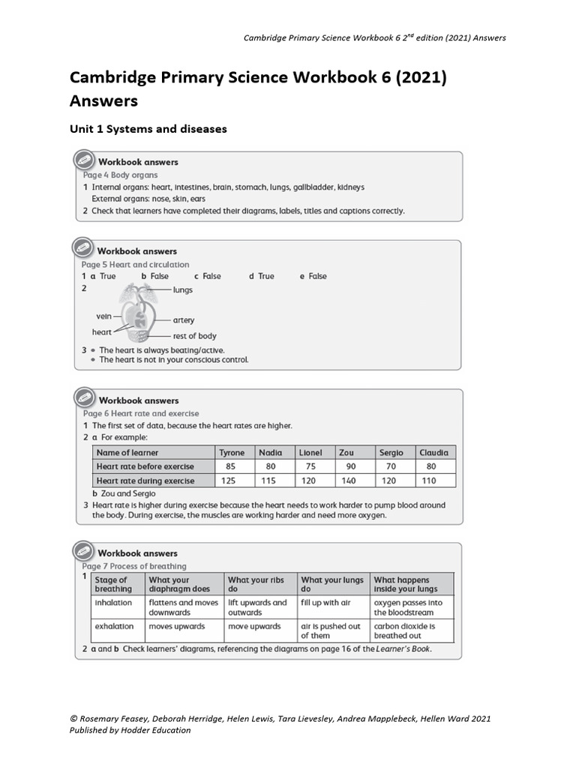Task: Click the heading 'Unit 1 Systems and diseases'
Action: click(x=148, y=129)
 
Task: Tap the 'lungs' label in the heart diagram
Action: click(x=182, y=289)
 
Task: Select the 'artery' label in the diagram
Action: click(x=184, y=320)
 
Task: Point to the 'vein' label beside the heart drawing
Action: click(x=103, y=316)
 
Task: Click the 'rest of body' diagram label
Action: click(x=194, y=336)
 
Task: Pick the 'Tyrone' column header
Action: click(x=232, y=452)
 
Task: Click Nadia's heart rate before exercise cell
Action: click(x=270, y=466)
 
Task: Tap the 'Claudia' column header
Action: click(x=433, y=452)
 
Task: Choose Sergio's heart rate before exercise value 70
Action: click(x=388, y=466)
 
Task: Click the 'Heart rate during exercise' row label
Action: click(x=145, y=481)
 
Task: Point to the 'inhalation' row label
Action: click(x=113, y=602)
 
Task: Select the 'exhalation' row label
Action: click(x=114, y=626)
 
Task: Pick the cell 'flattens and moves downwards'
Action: click(x=184, y=607)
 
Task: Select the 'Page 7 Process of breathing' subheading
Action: click(x=134, y=566)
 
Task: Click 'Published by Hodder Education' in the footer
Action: click(x=130, y=730)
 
